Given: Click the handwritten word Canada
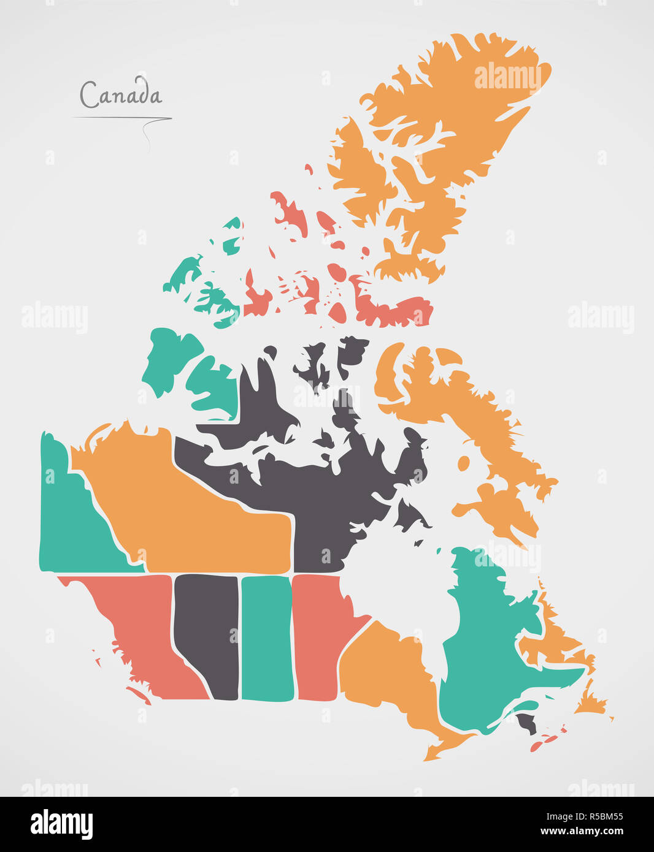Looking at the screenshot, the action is point(121,95).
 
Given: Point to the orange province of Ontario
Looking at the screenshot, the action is point(387,674).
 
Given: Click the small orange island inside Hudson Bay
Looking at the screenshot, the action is point(464,463).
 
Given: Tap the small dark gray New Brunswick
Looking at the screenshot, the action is point(527,723).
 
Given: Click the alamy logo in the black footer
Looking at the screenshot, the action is point(61,824).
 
